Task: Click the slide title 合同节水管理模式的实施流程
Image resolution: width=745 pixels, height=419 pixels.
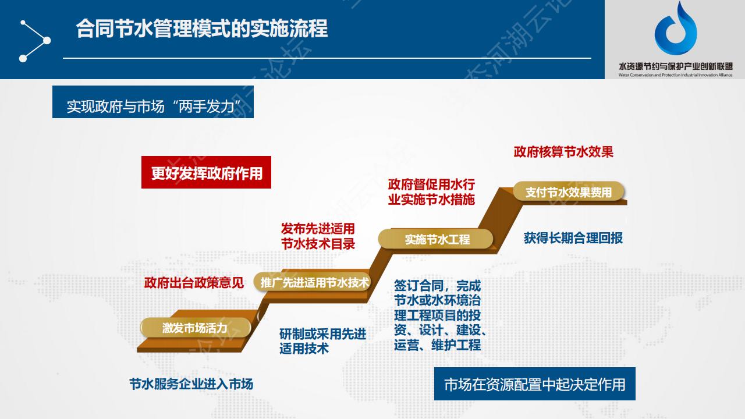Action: pyautogui.click(x=202, y=29)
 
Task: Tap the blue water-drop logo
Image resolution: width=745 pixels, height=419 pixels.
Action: pyautogui.click(x=676, y=29)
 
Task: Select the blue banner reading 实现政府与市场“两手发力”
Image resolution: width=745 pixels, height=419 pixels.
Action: pyautogui.click(x=153, y=102)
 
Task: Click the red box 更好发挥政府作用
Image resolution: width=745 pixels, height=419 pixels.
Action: pyautogui.click(x=206, y=172)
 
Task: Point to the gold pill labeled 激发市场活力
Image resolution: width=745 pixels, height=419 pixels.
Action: pyautogui.click(x=195, y=328)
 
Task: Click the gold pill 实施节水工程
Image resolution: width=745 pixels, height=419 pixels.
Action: pyautogui.click(x=436, y=239)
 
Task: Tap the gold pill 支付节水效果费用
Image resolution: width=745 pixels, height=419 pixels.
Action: pyautogui.click(x=569, y=191)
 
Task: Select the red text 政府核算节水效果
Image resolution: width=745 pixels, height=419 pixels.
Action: pyautogui.click(x=563, y=152)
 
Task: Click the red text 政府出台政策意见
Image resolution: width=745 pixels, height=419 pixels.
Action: pyautogui.click(x=194, y=283)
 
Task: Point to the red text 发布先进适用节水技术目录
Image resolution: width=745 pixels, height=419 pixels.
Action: pyautogui.click(x=318, y=236)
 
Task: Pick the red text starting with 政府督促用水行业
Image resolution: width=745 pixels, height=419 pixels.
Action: pyautogui.click(x=431, y=192)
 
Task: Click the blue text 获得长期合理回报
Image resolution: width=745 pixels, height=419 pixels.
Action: pyautogui.click(x=573, y=238)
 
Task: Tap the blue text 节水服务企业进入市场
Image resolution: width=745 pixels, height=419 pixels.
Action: pyautogui.click(x=191, y=384)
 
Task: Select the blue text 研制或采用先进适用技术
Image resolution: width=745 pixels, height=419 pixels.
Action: pyautogui.click(x=322, y=341)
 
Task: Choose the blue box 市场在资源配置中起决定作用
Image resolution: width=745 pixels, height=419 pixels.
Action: pyautogui.click(x=535, y=384)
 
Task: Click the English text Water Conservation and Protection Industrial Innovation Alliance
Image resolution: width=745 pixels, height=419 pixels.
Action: pyautogui.click(x=676, y=75)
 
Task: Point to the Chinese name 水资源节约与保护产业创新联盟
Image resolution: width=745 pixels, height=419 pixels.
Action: pyautogui.click(x=676, y=66)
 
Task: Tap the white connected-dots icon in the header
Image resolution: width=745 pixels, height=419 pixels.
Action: pyautogui.click(x=34, y=41)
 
